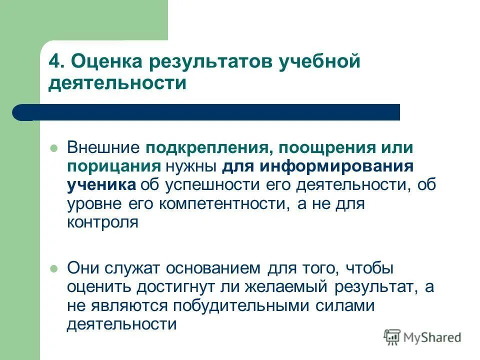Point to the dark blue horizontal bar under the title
210,112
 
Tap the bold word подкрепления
210,149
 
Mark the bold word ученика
101,184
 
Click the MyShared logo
422,337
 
